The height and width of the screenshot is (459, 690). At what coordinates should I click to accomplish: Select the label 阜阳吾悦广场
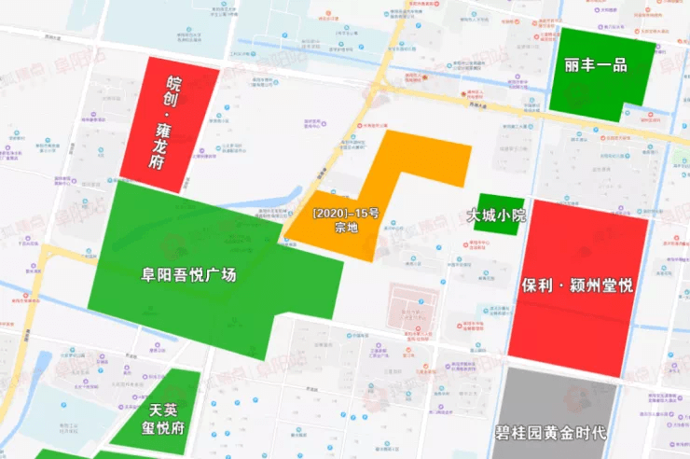[188, 275]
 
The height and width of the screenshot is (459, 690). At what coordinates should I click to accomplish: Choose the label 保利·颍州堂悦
[577, 285]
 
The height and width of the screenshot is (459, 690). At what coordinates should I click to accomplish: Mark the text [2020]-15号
[346, 215]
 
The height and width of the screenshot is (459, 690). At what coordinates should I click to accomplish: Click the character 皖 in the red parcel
[172, 85]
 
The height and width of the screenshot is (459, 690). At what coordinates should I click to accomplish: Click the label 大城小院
[496, 215]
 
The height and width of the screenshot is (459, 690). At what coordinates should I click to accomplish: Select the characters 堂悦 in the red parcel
[616, 285]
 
